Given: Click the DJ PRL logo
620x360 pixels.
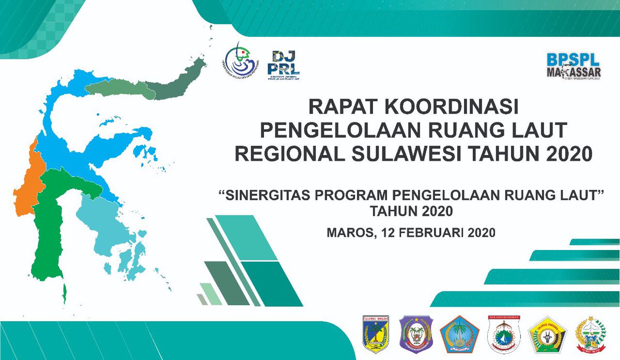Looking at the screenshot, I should pos(285,65).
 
